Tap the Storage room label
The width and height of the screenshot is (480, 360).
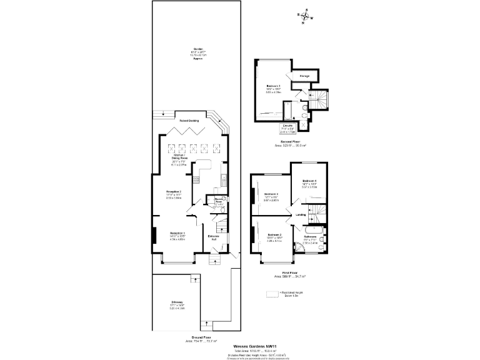click(x=304, y=76)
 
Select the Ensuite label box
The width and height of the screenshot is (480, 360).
click(x=287, y=129)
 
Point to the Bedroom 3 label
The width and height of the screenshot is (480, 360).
click(x=270, y=196)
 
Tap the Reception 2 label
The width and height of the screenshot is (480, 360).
click(x=173, y=193)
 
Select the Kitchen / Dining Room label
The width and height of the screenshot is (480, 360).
click(x=181, y=158)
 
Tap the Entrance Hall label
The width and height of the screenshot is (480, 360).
click(x=214, y=237)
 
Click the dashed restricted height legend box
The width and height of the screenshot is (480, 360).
click(x=271, y=294)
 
